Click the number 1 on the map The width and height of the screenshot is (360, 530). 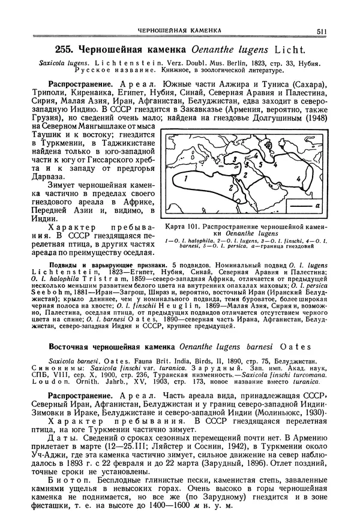pos(186,179)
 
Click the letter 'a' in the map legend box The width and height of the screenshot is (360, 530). pos(317,205)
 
